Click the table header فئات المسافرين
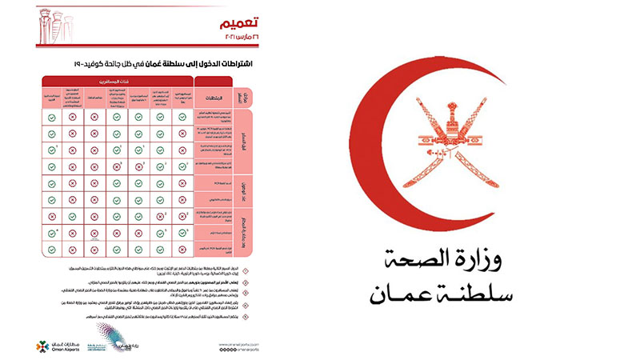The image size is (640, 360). click(120, 81)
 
